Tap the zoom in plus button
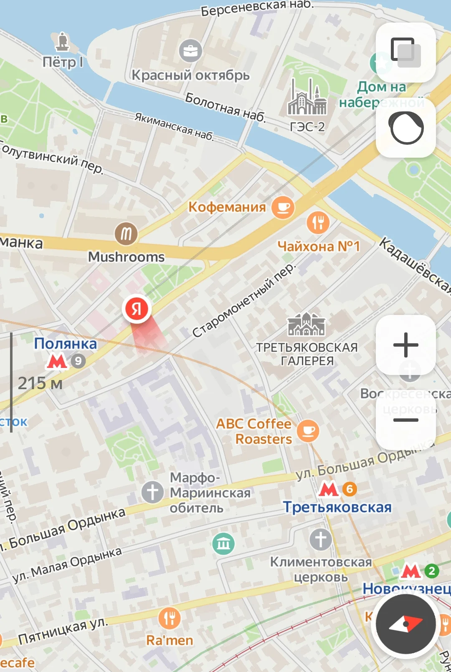click(405, 345)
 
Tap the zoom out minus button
click(405, 420)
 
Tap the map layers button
click(405, 52)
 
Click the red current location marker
click(137, 309)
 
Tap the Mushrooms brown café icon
click(126, 234)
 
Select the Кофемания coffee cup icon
click(283, 207)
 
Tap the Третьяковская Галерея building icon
click(306, 325)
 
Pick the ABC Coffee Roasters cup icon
click(308, 431)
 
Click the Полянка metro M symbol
click(57, 361)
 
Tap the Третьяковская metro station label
click(337, 507)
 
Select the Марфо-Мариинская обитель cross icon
click(152, 492)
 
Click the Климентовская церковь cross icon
click(320, 539)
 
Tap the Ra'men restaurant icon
click(170, 618)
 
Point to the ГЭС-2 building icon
click(307, 98)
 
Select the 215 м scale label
click(40, 383)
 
